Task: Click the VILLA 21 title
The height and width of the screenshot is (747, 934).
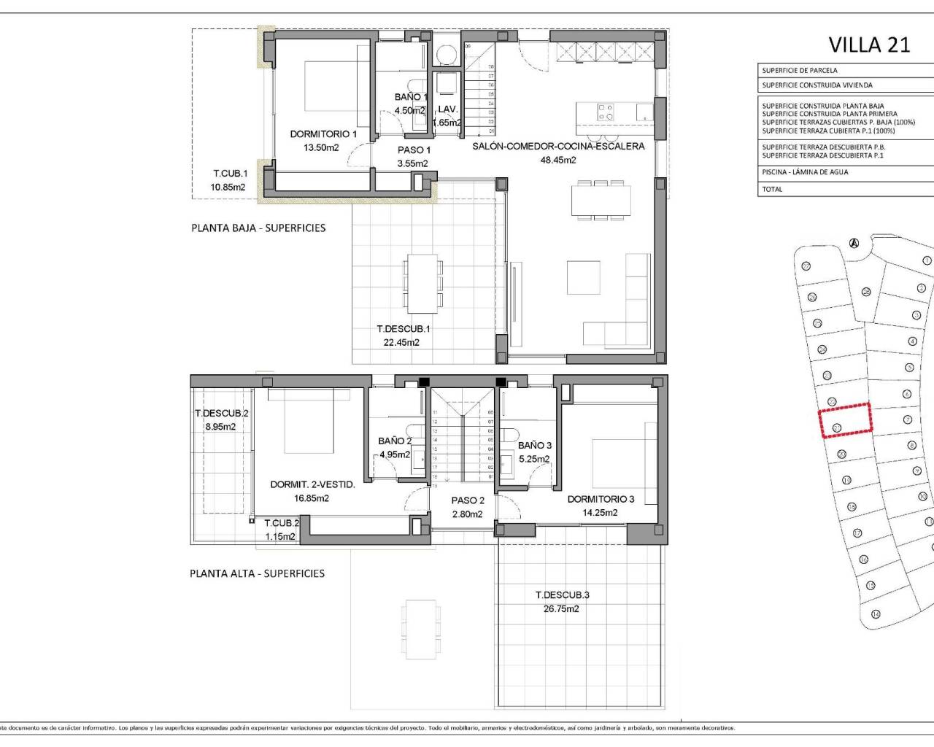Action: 869,44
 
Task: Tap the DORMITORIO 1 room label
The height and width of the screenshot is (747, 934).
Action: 323,134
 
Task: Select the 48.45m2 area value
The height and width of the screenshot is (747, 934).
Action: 557,160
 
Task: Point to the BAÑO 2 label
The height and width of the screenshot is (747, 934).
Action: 395,441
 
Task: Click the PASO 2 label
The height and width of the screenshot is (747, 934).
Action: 468,500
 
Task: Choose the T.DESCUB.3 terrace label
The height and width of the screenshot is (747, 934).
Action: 562,595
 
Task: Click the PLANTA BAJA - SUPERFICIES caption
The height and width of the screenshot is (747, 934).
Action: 258,228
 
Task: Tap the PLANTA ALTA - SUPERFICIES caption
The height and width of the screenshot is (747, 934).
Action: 257,573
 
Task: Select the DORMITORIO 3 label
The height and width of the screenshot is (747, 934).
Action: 601,500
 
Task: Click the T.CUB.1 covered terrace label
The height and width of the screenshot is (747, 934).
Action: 230,174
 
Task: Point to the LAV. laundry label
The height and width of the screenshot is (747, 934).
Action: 447,109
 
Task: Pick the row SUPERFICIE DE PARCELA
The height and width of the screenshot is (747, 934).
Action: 800,71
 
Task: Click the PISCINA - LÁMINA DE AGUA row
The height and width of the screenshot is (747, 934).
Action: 805,172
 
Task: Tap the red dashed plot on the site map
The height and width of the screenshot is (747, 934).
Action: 845,421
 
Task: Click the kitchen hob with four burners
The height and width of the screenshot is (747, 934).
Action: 606,112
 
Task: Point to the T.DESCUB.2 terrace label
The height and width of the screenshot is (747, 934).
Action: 221,414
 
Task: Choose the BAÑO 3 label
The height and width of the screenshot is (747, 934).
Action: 534,445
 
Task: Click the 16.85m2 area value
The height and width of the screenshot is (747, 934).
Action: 312,498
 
